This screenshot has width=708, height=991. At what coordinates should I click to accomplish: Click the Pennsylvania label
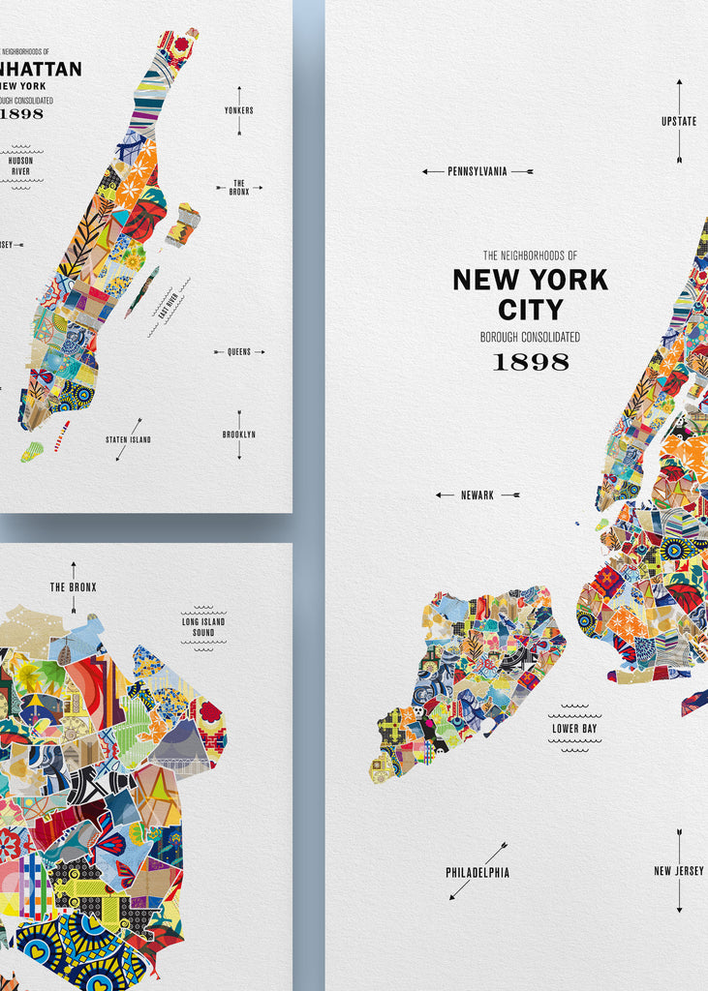[x=477, y=171]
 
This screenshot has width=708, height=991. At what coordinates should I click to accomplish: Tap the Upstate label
[x=679, y=122]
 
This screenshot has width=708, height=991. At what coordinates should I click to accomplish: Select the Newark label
[x=477, y=495]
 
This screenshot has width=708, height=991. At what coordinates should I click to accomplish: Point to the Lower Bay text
[x=574, y=728]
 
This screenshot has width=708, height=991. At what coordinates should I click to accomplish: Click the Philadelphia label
[x=477, y=873]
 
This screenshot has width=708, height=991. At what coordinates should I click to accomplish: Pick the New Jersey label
[x=679, y=871]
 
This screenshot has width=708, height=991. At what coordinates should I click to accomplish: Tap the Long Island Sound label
[x=203, y=627]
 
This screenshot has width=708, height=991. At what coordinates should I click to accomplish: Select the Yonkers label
[x=239, y=110]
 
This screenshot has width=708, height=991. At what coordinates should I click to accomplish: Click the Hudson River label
[x=21, y=165]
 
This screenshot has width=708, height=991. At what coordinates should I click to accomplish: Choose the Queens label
[x=239, y=352]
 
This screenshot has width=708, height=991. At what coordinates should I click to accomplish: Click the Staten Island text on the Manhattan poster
[x=128, y=440]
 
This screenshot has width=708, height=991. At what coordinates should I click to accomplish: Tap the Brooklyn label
[x=239, y=435]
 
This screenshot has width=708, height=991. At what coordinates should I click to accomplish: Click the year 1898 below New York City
[x=531, y=362]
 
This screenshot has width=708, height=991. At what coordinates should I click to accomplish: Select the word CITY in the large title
[x=530, y=310]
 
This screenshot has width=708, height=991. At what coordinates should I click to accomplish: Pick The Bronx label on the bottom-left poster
[x=74, y=587]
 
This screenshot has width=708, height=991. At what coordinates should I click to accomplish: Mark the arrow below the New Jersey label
[x=679, y=895]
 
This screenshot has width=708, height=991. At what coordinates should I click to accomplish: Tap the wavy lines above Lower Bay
[x=574, y=708]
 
